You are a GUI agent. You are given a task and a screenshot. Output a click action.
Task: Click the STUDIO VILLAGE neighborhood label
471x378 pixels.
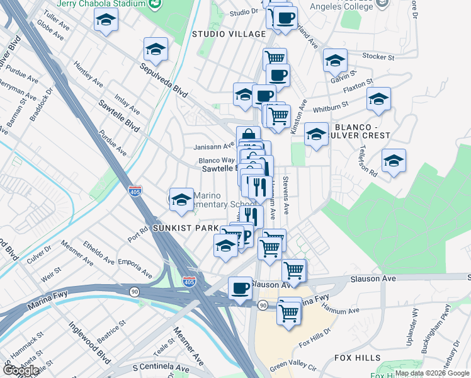[220, 33]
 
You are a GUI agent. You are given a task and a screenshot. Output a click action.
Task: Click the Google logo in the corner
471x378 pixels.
[21, 370]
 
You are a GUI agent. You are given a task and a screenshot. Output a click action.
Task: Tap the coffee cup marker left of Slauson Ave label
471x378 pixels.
[239, 289]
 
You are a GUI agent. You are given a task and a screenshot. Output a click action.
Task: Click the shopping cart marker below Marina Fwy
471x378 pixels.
[288, 311]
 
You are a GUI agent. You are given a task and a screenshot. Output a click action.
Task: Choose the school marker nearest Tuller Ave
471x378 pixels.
[106, 21]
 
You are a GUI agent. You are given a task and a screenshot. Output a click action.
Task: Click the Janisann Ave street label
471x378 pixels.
[213, 148]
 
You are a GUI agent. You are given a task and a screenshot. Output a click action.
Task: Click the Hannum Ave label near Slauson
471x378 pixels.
[339, 309]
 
